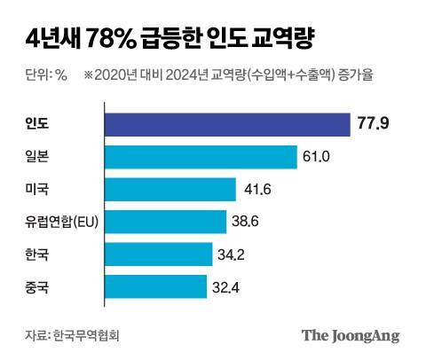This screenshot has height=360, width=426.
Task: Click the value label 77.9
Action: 374,125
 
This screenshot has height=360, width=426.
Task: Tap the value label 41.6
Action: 255,190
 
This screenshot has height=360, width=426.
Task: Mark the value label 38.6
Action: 245,222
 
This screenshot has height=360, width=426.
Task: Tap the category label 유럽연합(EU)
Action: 59,222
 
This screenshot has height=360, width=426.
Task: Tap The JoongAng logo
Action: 351,335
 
